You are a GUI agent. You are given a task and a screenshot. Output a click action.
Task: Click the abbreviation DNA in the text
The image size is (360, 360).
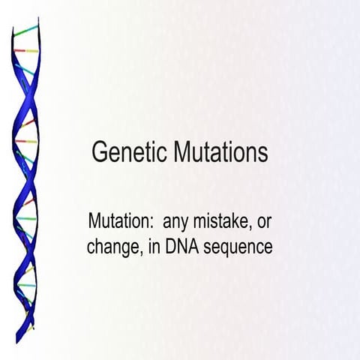click(x=176, y=245)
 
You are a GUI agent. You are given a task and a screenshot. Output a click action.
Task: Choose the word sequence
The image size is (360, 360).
click(x=235, y=247)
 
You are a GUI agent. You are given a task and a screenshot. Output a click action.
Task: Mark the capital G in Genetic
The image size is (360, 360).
click(x=98, y=152)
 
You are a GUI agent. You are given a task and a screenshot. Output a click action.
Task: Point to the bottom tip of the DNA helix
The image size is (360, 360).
click(x=31, y=331)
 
